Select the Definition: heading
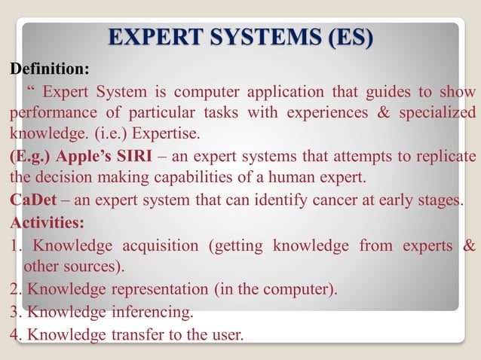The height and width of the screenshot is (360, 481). tap(49, 70)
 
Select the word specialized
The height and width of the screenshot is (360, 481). tap(434, 113)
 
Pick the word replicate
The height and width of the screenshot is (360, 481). tap(448, 157)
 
